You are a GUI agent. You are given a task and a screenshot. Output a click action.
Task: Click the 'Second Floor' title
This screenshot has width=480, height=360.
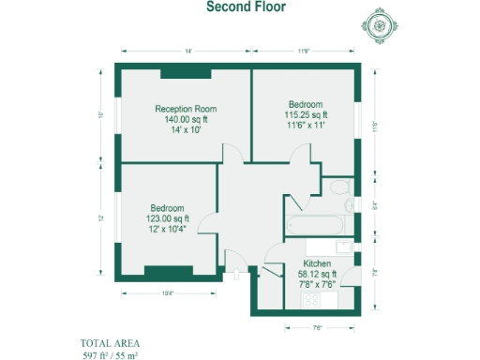(x=240, y=7)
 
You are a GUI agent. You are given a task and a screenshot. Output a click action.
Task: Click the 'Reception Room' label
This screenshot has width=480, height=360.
(x=185, y=109)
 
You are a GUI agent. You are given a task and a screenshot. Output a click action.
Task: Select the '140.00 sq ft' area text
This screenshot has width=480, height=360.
(x=185, y=119)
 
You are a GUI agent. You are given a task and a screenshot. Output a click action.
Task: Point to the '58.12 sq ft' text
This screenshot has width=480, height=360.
(x=318, y=274)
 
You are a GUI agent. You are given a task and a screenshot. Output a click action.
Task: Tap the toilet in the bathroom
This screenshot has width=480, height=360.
(x=348, y=203)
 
